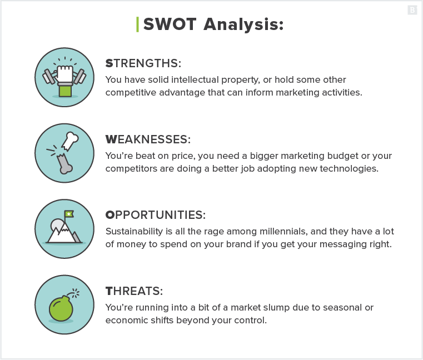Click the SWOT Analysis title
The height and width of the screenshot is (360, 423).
click(213, 24)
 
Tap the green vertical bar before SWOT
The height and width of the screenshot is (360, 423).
click(137, 24)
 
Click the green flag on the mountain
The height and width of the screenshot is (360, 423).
click(69, 213)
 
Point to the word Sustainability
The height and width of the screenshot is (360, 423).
click(136, 231)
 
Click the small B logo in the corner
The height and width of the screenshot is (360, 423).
click(412, 9)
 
